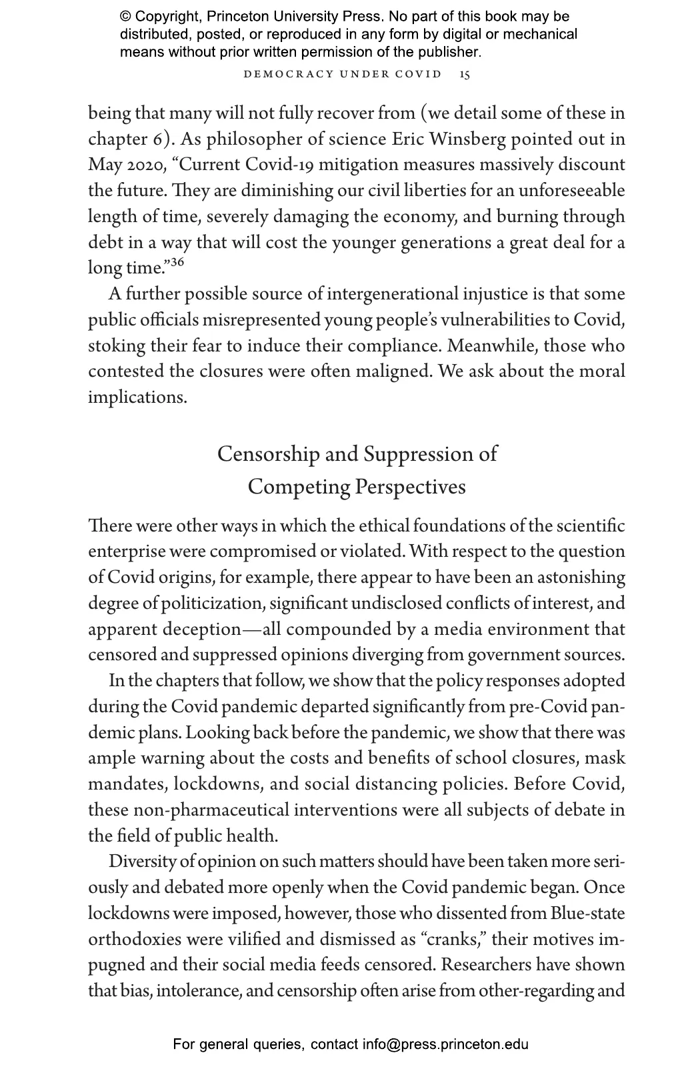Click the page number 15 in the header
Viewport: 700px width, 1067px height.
coord(465,74)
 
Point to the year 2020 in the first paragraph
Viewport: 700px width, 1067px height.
coord(146,165)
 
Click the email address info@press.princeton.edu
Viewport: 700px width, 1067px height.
coord(445,1044)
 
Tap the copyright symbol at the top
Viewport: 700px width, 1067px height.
coord(125,17)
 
